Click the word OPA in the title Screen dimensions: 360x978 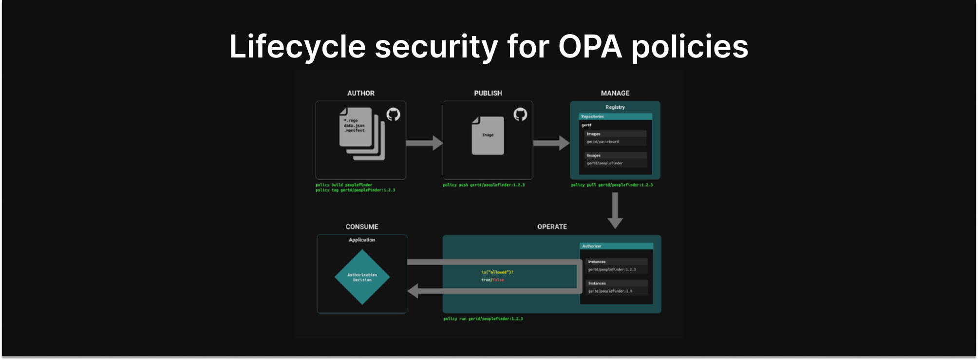click(x=590, y=47)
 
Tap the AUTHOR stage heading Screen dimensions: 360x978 click(x=361, y=93)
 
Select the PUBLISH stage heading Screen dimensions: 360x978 click(x=488, y=93)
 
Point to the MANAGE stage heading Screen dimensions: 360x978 click(x=615, y=93)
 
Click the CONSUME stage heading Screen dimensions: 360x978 click(x=362, y=227)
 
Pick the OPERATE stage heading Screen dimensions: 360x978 click(x=552, y=227)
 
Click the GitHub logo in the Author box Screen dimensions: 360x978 click(x=393, y=114)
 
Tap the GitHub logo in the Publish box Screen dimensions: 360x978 click(x=520, y=114)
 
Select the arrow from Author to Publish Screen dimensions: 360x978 click(x=424, y=143)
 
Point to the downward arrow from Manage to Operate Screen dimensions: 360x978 click(x=615, y=210)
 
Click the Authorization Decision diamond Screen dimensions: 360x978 click(x=362, y=277)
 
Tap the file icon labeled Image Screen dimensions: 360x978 click(x=488, y=135)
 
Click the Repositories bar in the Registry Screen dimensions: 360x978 click(x=615, y=116)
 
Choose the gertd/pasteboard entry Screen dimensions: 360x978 click(x=603, y=142)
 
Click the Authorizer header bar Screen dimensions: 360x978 click(x=616, y=246)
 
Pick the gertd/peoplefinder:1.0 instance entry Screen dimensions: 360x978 click(x=610, y=291)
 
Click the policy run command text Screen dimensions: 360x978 click(x=483, y=319)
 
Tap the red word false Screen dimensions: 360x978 click(x=498, y=280)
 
